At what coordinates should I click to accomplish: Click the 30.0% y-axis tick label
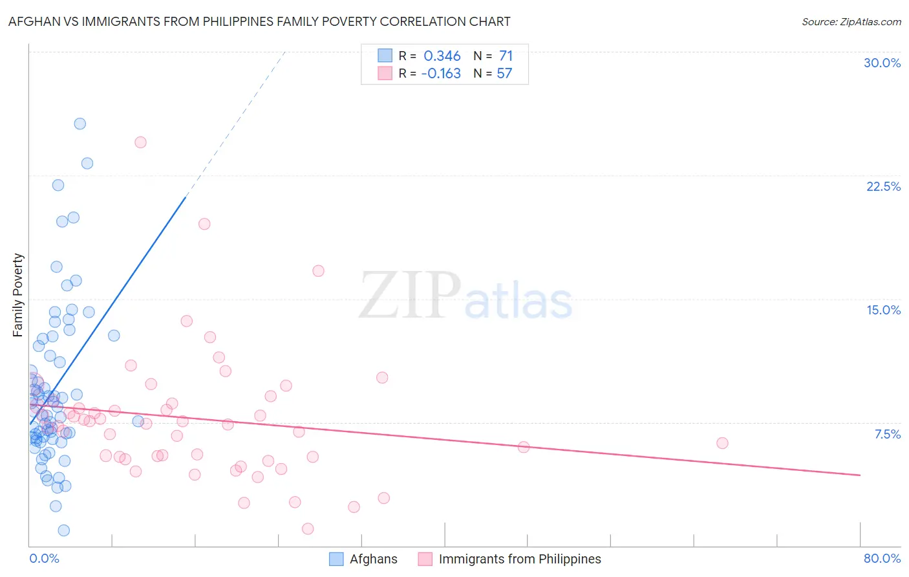[882, 63]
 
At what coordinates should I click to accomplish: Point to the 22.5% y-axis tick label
[883, 186]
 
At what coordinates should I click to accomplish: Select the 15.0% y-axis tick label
[883, 310]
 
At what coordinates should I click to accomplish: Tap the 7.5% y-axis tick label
[887, 434]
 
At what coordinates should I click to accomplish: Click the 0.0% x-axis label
[44, 558]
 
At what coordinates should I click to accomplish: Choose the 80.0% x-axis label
[882, 558]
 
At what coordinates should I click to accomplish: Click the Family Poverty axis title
[17, 295]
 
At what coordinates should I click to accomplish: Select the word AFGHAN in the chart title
[33, 21]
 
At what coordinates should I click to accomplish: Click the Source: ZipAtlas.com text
[851, 21]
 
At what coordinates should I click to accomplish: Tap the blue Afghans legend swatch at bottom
[336, 559]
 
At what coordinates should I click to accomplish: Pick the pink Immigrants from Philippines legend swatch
[425, 559]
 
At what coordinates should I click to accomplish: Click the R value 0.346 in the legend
[442, 56]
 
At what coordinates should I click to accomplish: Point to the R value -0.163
[441, 73]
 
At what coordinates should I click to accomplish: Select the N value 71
[506, 56]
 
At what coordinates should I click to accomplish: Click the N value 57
[504, 73]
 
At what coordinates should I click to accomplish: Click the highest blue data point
[80, 124]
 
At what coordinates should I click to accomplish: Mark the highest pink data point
[140, 142]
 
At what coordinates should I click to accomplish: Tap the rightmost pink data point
[722, 443]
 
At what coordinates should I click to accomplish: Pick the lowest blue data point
[64, 530]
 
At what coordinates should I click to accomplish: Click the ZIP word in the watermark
[410, 296]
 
